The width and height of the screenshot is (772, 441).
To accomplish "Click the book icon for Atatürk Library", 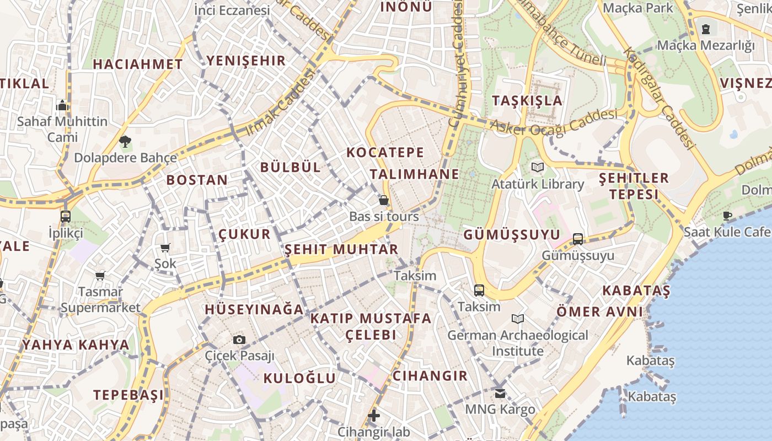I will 537,167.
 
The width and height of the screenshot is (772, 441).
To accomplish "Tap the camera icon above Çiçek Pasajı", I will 239,340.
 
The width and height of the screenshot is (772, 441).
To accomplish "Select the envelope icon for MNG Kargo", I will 500,394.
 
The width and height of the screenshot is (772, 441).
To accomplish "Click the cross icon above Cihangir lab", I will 374,416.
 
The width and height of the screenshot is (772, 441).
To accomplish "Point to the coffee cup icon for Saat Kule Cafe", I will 727,216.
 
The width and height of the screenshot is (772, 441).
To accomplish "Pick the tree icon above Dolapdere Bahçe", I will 125,142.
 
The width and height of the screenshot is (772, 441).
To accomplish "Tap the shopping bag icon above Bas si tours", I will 384,200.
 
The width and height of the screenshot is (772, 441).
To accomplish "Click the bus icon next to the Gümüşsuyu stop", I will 578,239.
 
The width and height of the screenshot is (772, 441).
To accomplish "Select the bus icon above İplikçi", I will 66,216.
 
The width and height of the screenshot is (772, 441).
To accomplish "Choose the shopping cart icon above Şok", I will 165,248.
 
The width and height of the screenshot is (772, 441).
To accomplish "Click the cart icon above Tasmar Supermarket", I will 100,276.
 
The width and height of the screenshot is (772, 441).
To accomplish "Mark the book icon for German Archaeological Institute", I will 517,319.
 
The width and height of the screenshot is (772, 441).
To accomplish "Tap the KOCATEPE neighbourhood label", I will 385,153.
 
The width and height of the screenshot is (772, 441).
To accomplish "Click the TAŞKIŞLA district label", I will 527,100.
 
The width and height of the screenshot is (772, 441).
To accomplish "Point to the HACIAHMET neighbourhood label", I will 137,64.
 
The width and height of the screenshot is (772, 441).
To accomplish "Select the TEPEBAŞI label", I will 128,395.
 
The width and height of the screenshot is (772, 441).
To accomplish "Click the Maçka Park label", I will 638,8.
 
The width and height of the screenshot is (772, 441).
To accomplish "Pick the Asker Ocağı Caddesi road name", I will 554,123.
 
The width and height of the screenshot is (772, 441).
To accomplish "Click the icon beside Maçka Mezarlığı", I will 706,29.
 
